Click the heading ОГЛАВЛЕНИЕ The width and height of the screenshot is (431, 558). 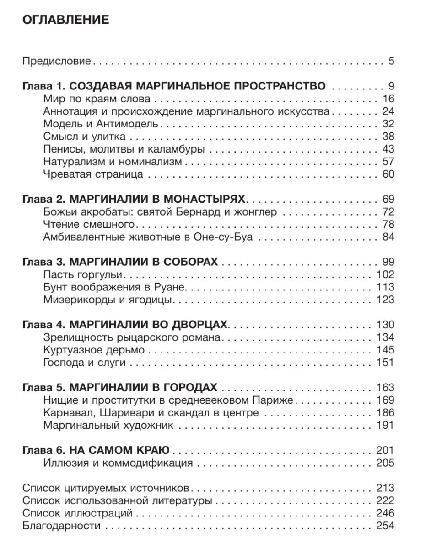point(65,21)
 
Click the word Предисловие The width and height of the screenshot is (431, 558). point(57,61)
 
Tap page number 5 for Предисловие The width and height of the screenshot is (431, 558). point(391,61)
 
